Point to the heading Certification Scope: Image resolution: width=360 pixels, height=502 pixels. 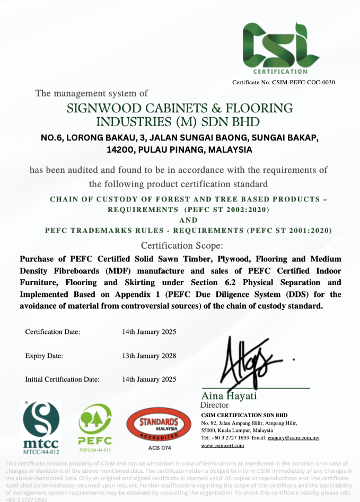click(182, 246)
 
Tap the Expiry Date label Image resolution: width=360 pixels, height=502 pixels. click(44, 356)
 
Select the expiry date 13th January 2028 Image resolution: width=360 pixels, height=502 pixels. click(149, 356)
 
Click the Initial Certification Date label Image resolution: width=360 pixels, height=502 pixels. click(62, 380)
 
